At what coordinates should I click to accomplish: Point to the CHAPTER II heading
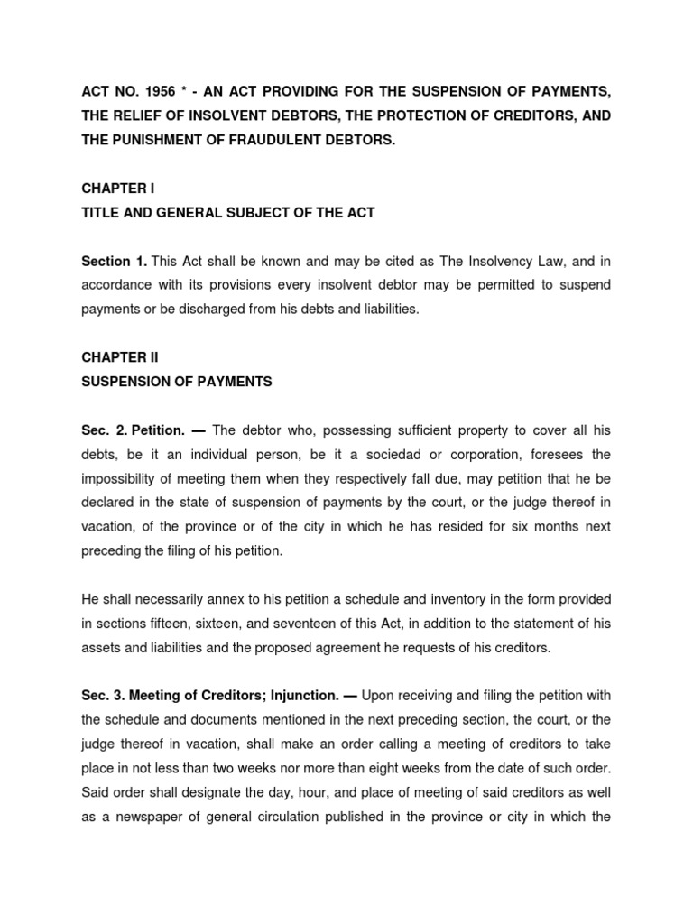[119, 357]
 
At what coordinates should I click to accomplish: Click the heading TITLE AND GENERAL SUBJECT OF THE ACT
[227, 213]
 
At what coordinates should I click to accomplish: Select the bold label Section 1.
[115, 262]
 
